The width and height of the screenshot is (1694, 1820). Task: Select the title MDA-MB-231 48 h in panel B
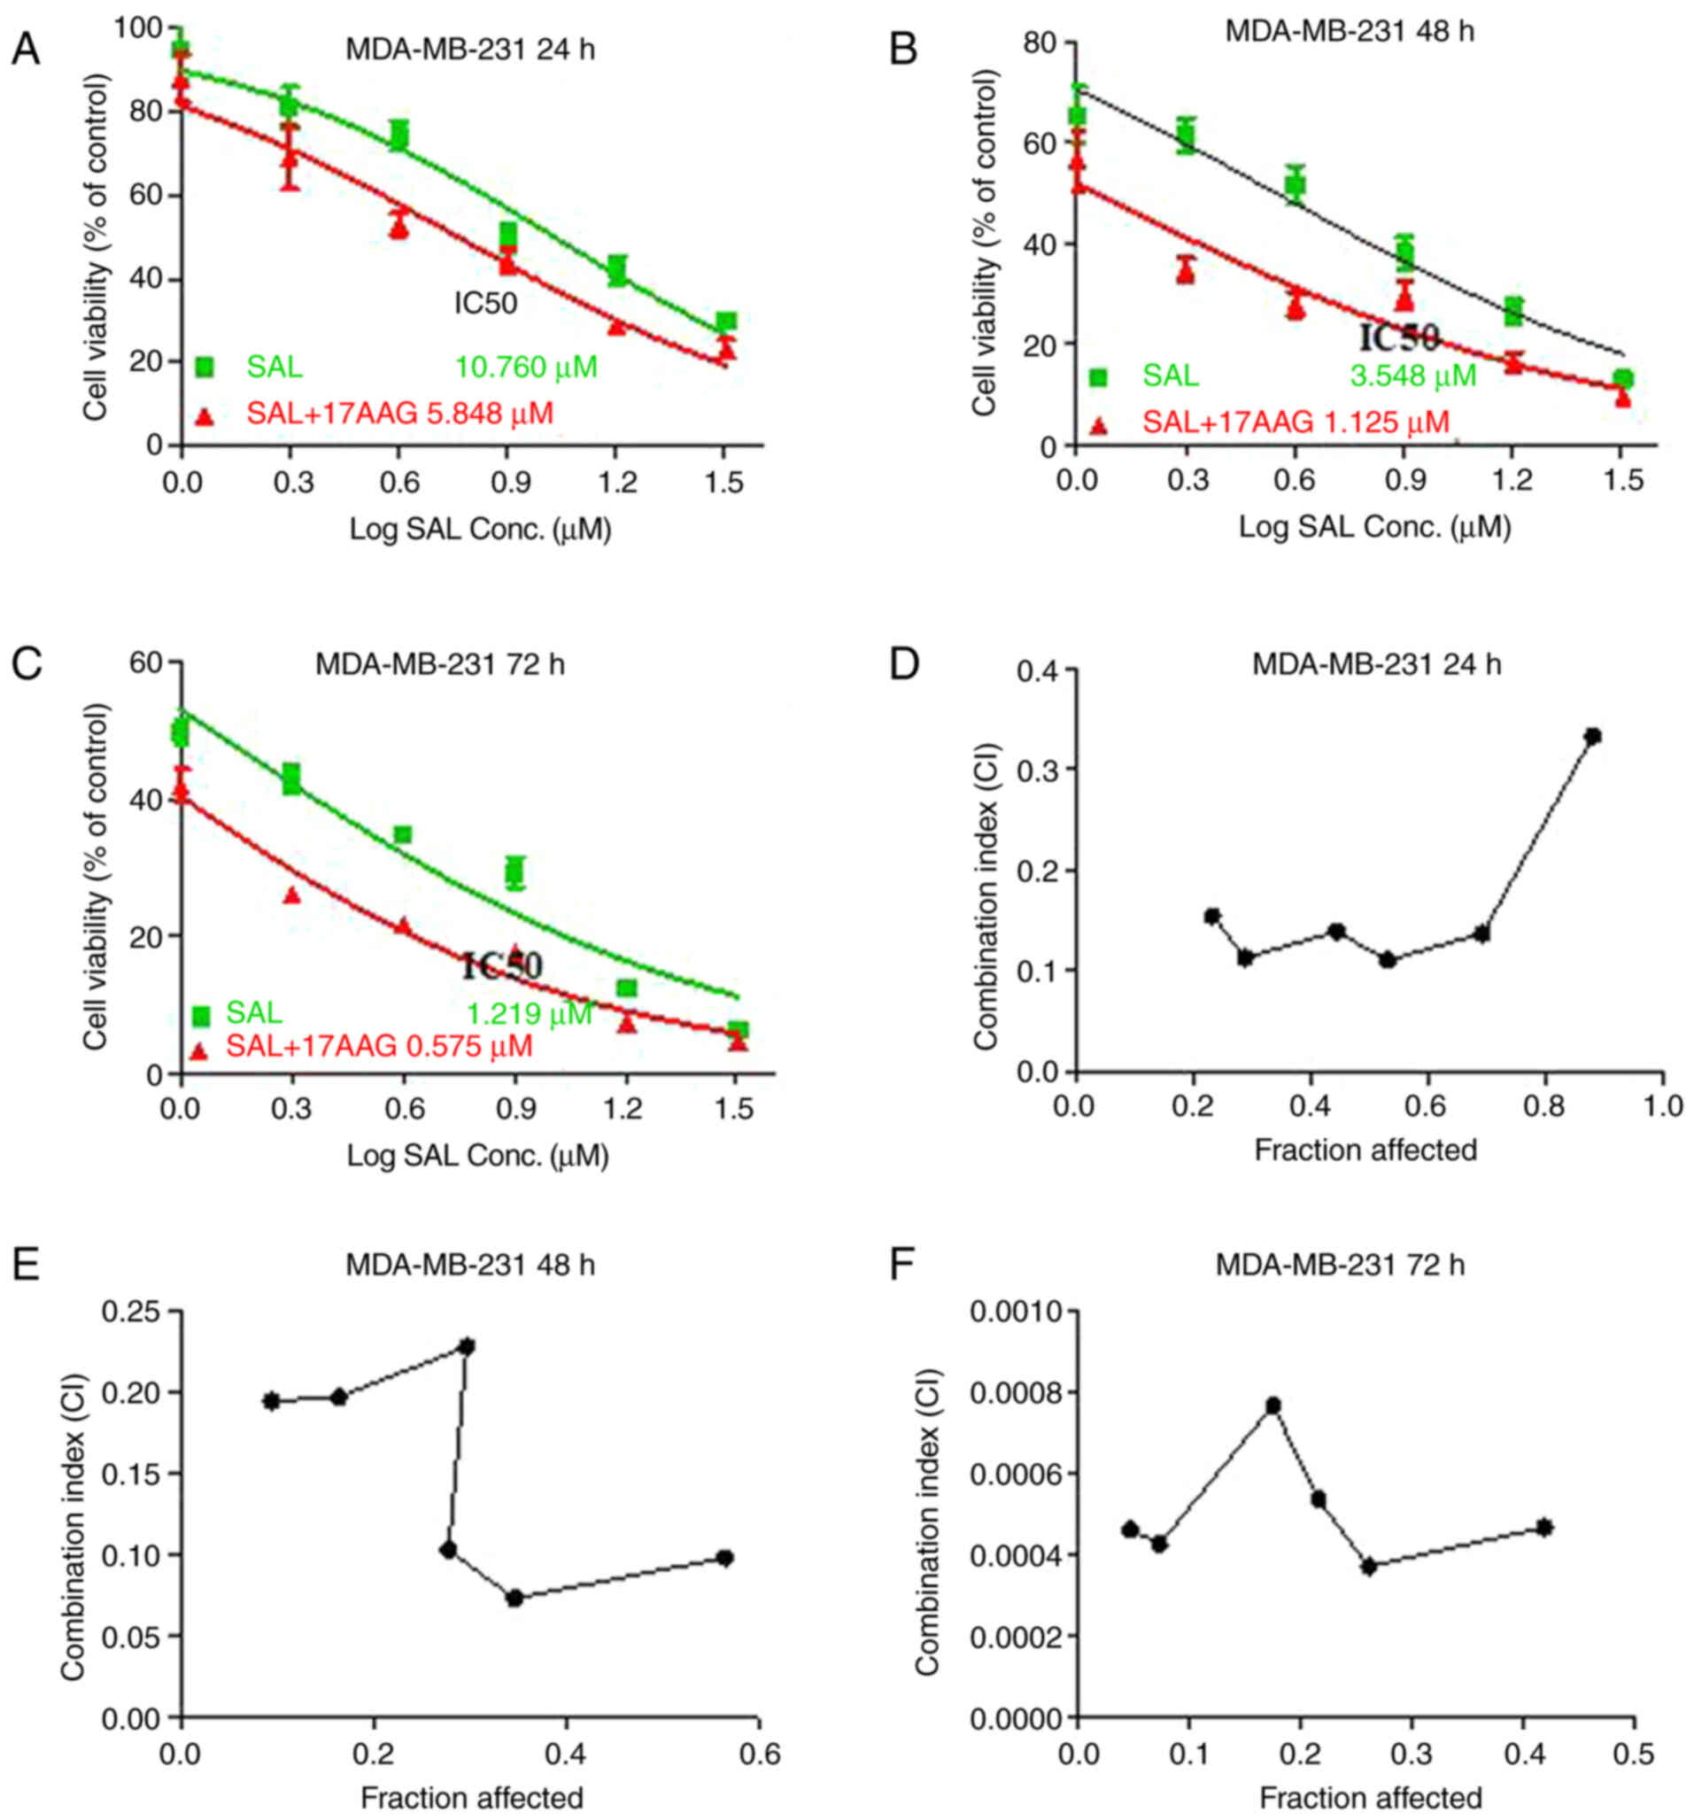tap(1350, 31)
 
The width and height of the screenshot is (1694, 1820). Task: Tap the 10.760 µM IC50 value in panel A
tap(526, 368)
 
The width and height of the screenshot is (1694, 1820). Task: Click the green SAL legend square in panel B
tap(1097, 377)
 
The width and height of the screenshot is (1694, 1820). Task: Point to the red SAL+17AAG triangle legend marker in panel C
tap(198, 1051)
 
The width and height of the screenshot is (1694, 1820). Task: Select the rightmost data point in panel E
tap(725, 1557)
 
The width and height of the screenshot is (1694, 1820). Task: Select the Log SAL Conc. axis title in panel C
tap(477, 1157)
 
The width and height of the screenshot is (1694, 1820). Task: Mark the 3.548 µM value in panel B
tap(1413, 376)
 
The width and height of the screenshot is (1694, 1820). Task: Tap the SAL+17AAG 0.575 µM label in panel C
tap(379, 1045)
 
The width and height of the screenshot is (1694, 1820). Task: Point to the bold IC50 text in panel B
tap(1399, 338)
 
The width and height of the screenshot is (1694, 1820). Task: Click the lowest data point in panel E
tap(514, 1599)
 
